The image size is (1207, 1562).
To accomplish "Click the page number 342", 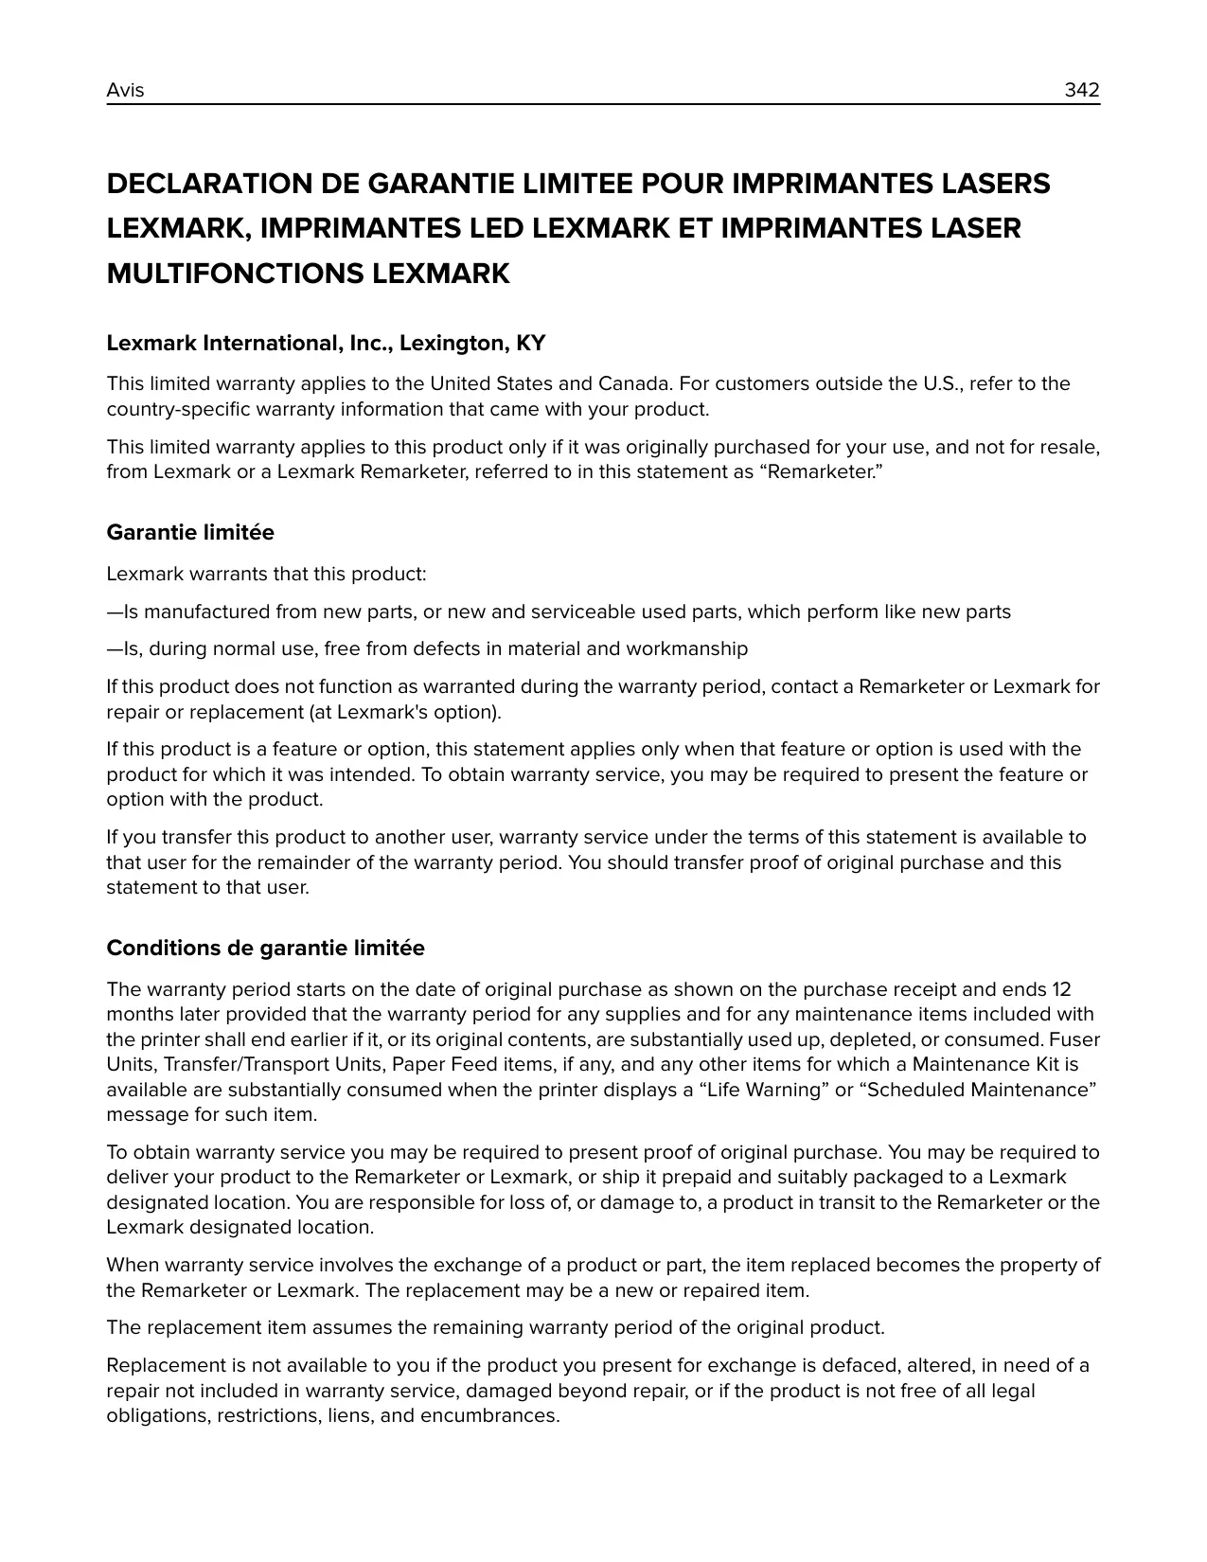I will click(1081, 90).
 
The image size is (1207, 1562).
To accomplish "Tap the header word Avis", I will click(125, 90).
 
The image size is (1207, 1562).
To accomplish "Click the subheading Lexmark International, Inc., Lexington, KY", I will click(326, 343).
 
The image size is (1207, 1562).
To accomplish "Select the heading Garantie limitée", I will click(190, 533).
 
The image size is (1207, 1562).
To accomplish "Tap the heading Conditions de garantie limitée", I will click(265, 949).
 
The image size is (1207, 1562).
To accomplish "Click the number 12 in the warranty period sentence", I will click(1061, 990).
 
